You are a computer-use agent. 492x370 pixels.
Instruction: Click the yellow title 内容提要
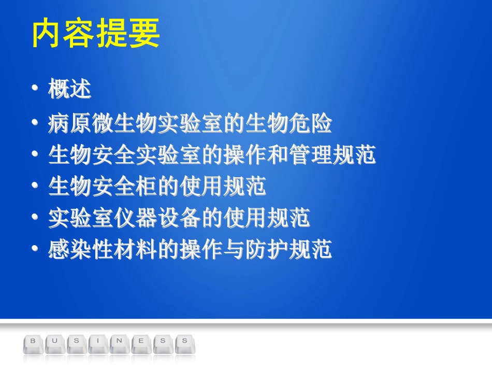click(x=96, y=34)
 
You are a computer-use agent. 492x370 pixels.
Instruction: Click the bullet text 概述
click(x=70, y=90)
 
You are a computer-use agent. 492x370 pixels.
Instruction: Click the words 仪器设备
click(x=157, y=218)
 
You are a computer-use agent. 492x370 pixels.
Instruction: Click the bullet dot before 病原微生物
click(x=35, y=123)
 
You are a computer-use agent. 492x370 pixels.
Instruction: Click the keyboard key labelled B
click(x=34, y=342)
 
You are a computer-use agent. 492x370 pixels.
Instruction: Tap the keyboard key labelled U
click(x=55, y=342)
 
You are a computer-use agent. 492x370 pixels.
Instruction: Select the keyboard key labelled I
click(x=98, y=342)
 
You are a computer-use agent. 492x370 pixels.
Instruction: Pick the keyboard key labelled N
click(x=120, y=342)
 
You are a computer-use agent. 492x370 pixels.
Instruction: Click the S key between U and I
click(x=77, y=342)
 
